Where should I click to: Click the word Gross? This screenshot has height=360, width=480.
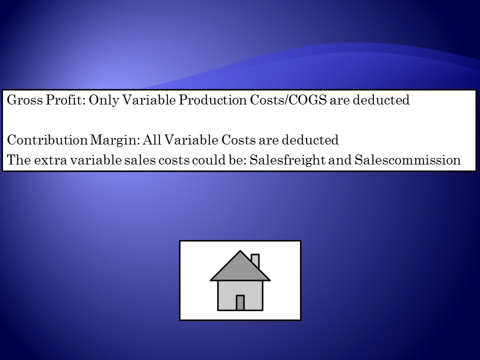point(24,100)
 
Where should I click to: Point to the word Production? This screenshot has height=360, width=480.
point(213,100)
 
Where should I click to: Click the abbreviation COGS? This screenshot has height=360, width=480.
point(307,100)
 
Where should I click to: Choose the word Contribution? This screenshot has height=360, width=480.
point(47,140)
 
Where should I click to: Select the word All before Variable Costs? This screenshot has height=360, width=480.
point(152,140)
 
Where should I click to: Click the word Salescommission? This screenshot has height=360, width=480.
point(407,160)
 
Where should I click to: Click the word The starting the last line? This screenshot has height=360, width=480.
point(19,160)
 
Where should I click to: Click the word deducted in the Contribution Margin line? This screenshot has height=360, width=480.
point(310,140)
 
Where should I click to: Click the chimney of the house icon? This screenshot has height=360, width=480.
point(255,261)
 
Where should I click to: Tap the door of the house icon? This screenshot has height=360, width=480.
point(240,303)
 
